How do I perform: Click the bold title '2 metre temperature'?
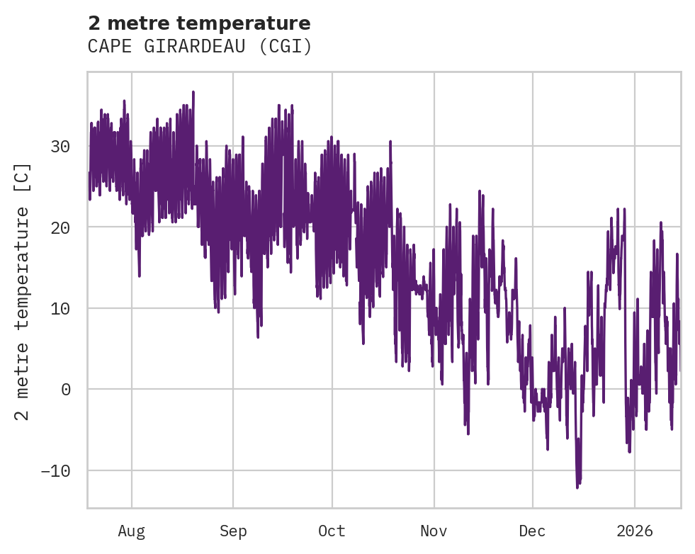(x=199, y=23)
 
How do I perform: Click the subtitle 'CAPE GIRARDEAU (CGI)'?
(x=200, y=47)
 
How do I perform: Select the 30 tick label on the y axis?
(x=60, y=147)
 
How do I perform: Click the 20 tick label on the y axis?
(x=60, y=227)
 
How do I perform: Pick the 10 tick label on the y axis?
(x=60, y=308)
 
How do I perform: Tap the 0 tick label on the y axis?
(x=65, y=389)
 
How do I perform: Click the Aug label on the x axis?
(x=132, y=531)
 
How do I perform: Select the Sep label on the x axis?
(x=233, y=531)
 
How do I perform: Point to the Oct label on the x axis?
(x=332, y=531)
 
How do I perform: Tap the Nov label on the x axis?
(x=434, y=531)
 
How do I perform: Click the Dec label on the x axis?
(x=533, y=531)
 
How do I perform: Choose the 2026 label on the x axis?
(x=635, y=531)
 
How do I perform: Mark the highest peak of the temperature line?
(x=193, y=91)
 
